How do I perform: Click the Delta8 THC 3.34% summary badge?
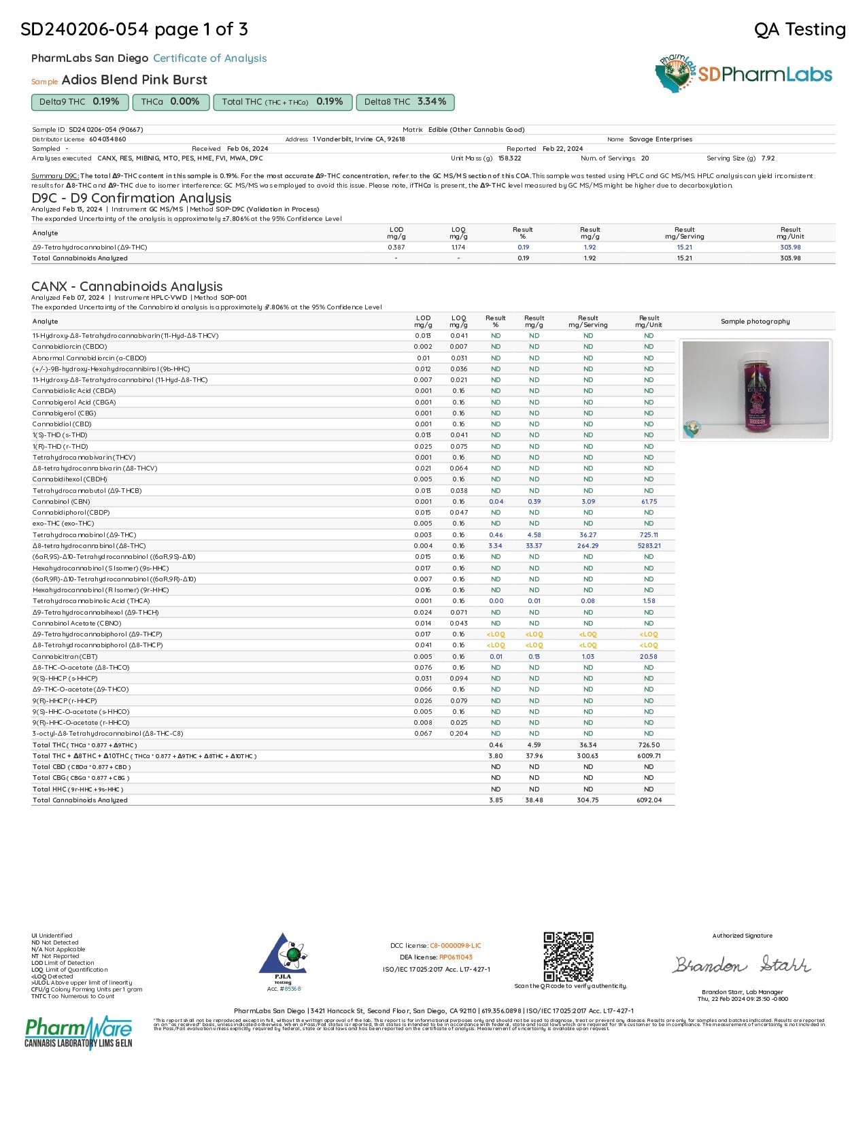tap(405, 102)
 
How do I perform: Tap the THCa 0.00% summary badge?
tap(170, 102)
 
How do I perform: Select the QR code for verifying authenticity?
tap(568, 956)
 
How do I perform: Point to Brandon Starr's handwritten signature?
tap(742, 964)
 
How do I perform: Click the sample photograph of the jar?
tap(755, 390)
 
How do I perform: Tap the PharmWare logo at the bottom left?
tap(78, 1032)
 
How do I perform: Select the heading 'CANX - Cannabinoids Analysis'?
tap(127, 286)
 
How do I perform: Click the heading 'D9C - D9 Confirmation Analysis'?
tap(131, 198)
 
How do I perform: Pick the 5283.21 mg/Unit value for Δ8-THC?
tap(649, 546)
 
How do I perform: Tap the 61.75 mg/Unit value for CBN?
tap(649, 502)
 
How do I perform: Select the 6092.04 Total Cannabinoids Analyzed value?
tap(649, 800)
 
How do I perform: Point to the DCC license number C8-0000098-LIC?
tap(455, 946)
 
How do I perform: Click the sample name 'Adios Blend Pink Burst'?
tap(134, 80)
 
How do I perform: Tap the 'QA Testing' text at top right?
tap(800, 29)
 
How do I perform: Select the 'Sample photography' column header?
tap(755, 322)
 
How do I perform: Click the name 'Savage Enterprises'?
tap(660, 139)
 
